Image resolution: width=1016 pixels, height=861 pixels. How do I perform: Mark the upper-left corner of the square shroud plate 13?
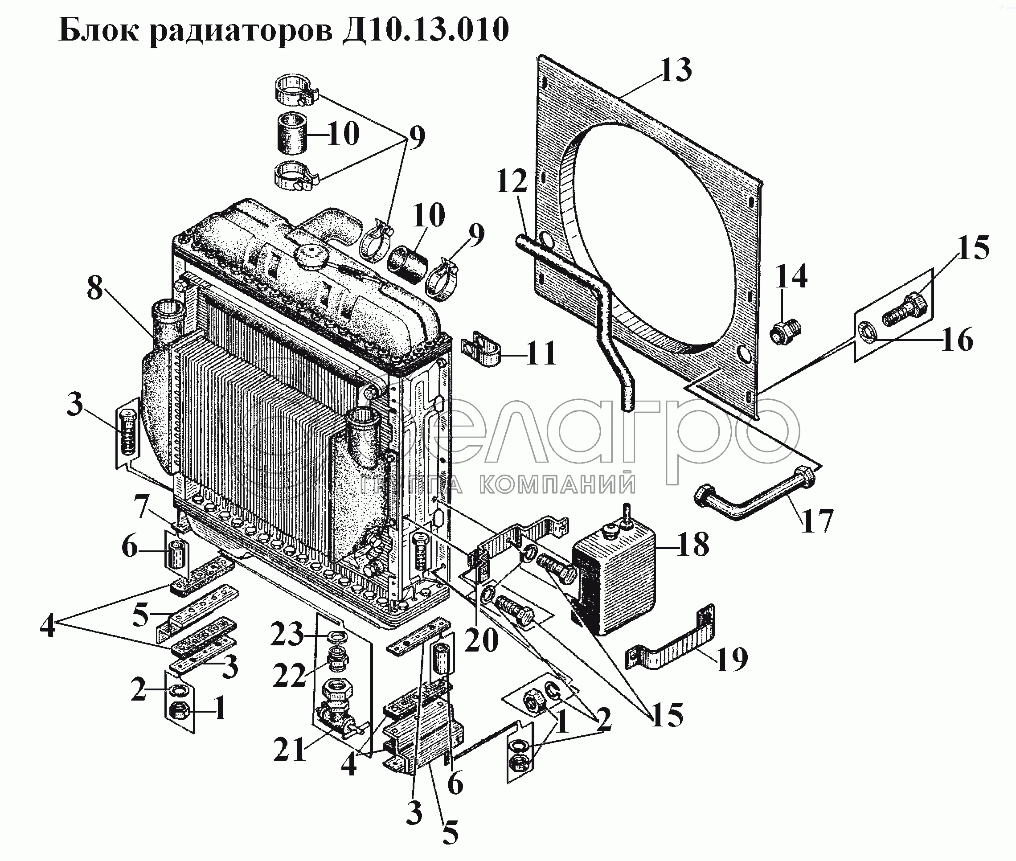(x=539, y=56)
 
